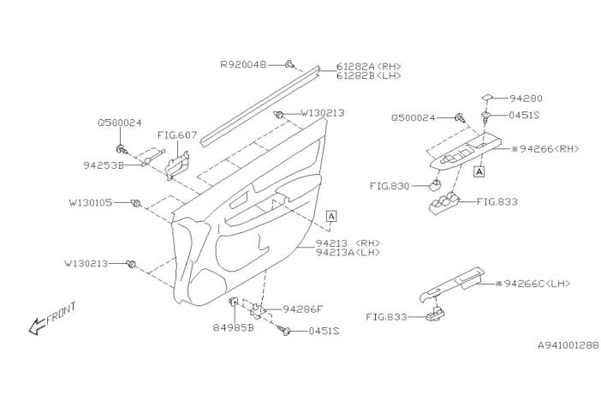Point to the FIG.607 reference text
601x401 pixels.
point(176,135)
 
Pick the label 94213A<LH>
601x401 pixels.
point(348,253)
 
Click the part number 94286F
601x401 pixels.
point(305,308)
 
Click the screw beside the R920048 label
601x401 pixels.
point(291,63)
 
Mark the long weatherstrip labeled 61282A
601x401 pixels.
point(265,99)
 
